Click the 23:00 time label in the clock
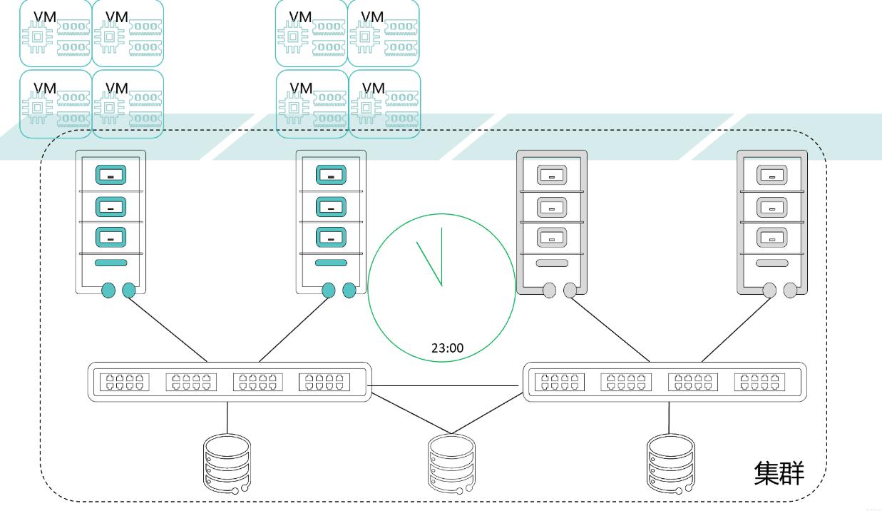[447, 348]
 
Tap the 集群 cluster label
[779, 473]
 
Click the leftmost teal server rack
[111, 221]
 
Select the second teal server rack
[331, 221]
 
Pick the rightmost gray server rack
[772, 221]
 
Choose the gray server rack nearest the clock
[551, 221]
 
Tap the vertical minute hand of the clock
[442, 257]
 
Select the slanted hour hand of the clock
[429, 263]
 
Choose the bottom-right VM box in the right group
[384, 103]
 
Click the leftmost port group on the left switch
[124, 382]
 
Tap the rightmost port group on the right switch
[759, 382]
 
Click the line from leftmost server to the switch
[168, 329]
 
